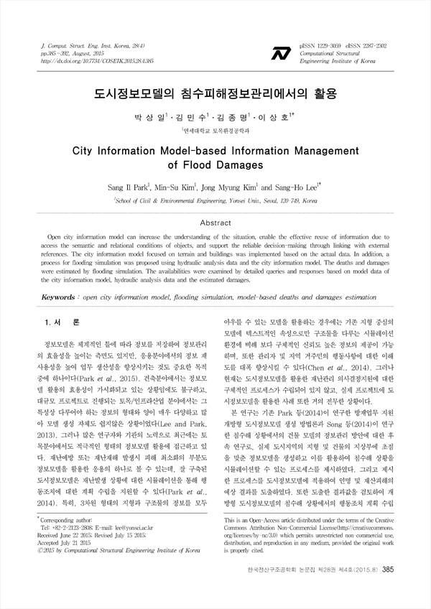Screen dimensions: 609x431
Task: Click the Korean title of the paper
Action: click(x=215, y=94)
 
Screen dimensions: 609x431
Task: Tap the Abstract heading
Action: click(x=215, y=223)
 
